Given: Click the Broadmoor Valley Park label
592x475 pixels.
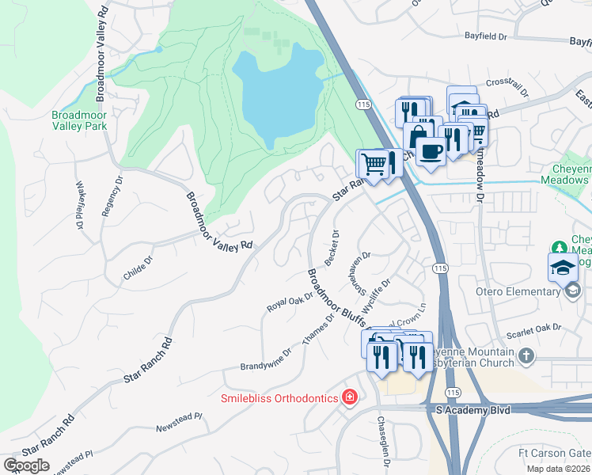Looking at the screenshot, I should (x=78, y=120).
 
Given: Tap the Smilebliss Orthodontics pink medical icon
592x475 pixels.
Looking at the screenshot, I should (x=349, y=397).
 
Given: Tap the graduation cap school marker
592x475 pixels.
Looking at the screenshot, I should (x=563, y=268).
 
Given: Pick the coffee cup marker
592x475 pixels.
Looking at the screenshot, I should (x=430, y=150).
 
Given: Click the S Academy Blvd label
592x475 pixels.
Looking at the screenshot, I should (x=473, y=409).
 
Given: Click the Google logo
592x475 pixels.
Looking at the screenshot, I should (x=26, y=465).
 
